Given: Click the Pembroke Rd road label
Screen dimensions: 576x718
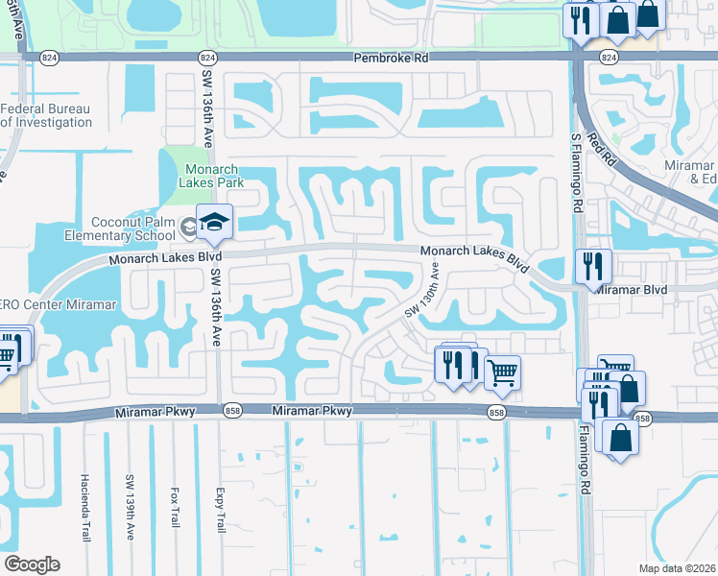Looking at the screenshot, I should (x=391, y=58).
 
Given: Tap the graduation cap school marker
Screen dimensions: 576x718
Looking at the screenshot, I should (x=215, y=223).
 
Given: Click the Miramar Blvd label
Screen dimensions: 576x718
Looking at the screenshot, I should (x=631, y=288).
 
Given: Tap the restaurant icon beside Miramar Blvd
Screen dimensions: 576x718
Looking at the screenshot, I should (x=593, y=265).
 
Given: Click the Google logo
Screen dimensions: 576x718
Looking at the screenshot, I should (x=31, y=564).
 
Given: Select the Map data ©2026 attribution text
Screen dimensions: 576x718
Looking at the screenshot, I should (x=677, y=568).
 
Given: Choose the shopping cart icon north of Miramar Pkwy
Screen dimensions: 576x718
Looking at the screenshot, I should (x=502, y=372).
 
